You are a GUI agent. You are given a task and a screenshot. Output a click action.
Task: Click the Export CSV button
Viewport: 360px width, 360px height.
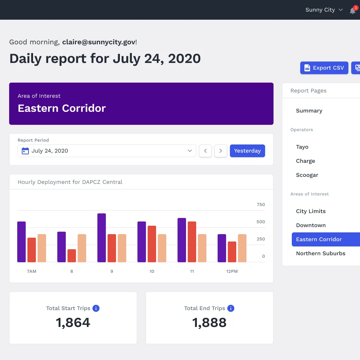[x=324, y=68]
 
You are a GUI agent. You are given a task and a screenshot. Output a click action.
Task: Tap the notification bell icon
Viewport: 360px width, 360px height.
[x=352, y=11]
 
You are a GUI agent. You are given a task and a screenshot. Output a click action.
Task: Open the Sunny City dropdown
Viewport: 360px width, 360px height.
[x=324, y=10]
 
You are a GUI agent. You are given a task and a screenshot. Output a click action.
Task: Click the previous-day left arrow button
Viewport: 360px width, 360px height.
[x=205, y=151]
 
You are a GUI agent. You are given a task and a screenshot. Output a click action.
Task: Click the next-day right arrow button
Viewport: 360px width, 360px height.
[x=221, y=151]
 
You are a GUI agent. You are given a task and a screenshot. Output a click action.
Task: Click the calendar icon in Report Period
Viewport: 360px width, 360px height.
[x=25, y=151]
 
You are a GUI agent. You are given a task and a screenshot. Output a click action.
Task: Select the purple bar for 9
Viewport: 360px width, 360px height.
[x=102, y=238]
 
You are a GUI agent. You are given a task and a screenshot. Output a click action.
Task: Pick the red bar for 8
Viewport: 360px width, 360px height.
[x=72, y=256]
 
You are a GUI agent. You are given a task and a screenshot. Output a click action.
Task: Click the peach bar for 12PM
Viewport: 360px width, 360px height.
[x=242, y=248]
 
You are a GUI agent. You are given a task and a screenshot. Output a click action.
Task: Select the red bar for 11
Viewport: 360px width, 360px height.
[x=192, y=242]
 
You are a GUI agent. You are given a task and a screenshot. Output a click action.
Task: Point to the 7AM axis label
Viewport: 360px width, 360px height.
[x=31, y=271]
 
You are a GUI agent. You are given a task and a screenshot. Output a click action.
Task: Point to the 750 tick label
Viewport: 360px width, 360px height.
[x=261, y=205]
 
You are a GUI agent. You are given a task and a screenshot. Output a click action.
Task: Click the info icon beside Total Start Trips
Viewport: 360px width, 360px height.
[x=96, y=308]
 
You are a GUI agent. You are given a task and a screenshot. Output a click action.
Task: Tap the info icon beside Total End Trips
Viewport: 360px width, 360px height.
[x=231, y=308]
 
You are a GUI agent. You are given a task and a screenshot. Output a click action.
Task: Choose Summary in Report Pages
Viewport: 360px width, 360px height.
[x=309, y=111]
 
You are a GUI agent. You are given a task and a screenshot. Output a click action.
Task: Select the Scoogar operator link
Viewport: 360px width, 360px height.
[x=307, y=175]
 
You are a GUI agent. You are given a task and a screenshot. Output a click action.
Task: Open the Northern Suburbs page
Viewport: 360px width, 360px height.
[x=321, y=253]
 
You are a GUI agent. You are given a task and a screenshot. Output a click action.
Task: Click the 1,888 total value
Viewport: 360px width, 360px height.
[x=209, y=322]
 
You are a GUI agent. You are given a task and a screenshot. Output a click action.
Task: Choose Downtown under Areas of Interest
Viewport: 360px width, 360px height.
[x=311, y=225]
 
